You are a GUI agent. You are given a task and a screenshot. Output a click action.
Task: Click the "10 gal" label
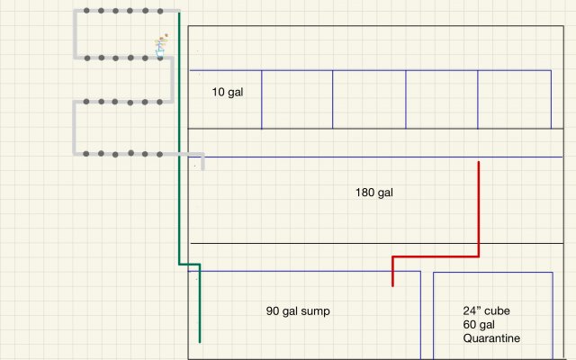pos(225,92)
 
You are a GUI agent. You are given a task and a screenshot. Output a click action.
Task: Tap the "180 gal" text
pos(374,193)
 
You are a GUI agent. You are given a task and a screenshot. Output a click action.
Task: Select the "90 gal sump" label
pos(298,311)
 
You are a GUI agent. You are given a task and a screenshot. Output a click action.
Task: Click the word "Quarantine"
pos(492,338)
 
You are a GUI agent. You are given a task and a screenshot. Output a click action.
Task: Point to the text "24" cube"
pos(486,311)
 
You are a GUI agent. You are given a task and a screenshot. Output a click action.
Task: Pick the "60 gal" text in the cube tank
pos(481,325)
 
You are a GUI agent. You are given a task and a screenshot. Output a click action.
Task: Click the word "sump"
pos(315,311)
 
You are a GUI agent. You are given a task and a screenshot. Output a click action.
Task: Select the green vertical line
pos(179,135)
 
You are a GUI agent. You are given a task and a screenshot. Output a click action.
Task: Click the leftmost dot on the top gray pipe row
pos(86,12)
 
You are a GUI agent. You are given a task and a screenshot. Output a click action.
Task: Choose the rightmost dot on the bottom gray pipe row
pos(162,154)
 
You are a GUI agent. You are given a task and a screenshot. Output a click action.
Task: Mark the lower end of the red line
pos(392,284)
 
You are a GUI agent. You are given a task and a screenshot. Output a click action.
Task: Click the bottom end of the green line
pos(199,340)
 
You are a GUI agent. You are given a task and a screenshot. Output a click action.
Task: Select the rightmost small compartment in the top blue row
pos(514,99)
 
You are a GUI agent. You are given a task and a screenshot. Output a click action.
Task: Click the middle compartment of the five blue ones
pos(369,99)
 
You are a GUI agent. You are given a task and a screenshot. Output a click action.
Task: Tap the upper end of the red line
pos(478,164)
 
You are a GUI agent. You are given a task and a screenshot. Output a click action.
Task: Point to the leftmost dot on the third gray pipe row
pos(86,102)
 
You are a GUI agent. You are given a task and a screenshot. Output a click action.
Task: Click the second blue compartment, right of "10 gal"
pos(297,99)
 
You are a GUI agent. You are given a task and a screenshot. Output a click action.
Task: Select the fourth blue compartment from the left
pos(441,99)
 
